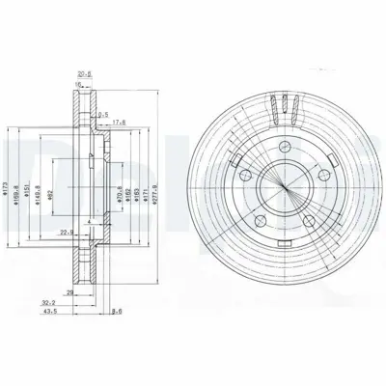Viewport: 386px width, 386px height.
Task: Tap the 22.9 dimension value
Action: click(x=66, y=231)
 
